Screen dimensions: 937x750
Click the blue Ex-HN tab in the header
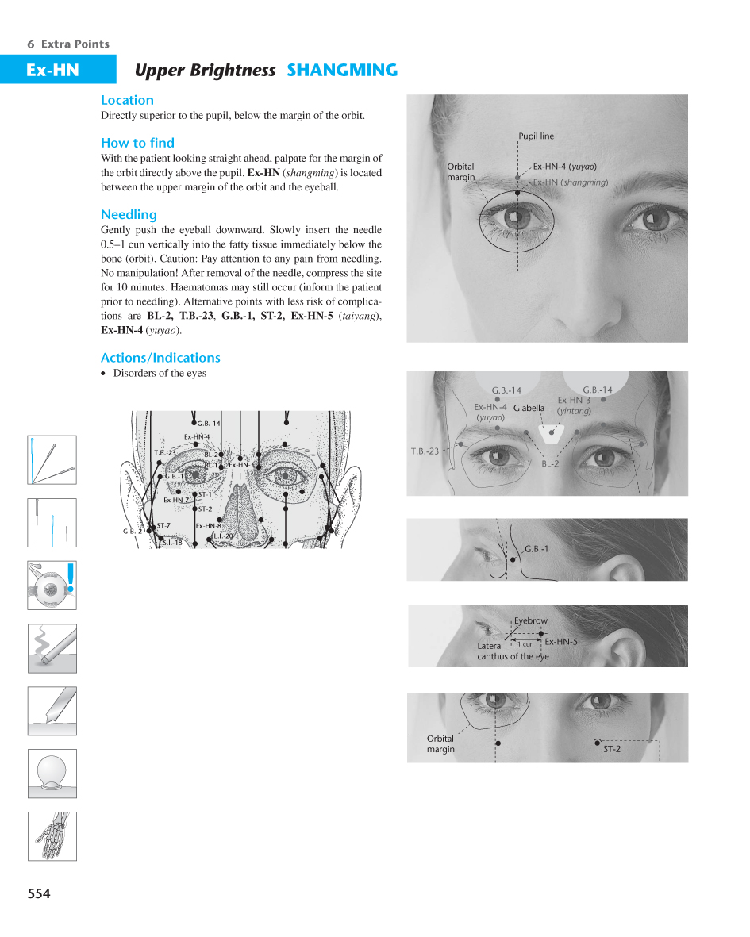[52, 70]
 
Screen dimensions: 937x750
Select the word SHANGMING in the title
[341, 70]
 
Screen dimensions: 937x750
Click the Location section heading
[127, 100]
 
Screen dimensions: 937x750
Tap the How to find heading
[137, 143]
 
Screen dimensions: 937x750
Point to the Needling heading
[129, 214]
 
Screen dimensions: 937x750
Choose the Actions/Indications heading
[160, 357]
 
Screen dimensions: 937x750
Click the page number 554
[39, 893]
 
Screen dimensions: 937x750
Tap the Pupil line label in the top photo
[537, 136]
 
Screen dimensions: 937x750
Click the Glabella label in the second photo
[529, 408]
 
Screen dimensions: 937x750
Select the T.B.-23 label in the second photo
[425, 451]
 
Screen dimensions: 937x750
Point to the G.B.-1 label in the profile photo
[537, 548]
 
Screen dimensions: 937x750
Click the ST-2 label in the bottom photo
[611, 749]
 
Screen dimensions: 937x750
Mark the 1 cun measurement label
[526, 644]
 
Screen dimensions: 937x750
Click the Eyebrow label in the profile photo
[530, 620]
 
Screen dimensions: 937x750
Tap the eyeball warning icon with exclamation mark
[52, 586]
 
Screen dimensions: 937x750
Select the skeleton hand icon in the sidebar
[52, 835]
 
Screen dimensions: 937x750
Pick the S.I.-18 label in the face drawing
[171, 543]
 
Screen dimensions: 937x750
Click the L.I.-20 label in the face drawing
[224, 536]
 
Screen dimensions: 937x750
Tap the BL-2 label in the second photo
[550, 463]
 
